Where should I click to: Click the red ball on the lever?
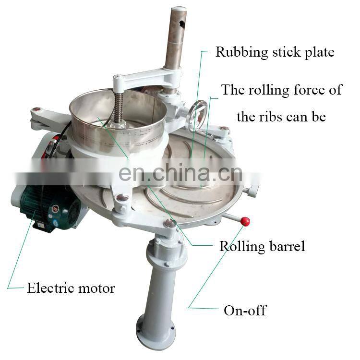point(245,221)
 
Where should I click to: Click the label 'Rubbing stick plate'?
point(275,52)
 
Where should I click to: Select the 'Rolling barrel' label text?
point(262,246)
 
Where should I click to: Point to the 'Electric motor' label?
point(71,288)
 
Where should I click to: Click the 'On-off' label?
point(245,310)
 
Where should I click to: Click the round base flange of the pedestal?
point(156,331)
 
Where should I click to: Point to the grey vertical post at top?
point(174,38)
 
